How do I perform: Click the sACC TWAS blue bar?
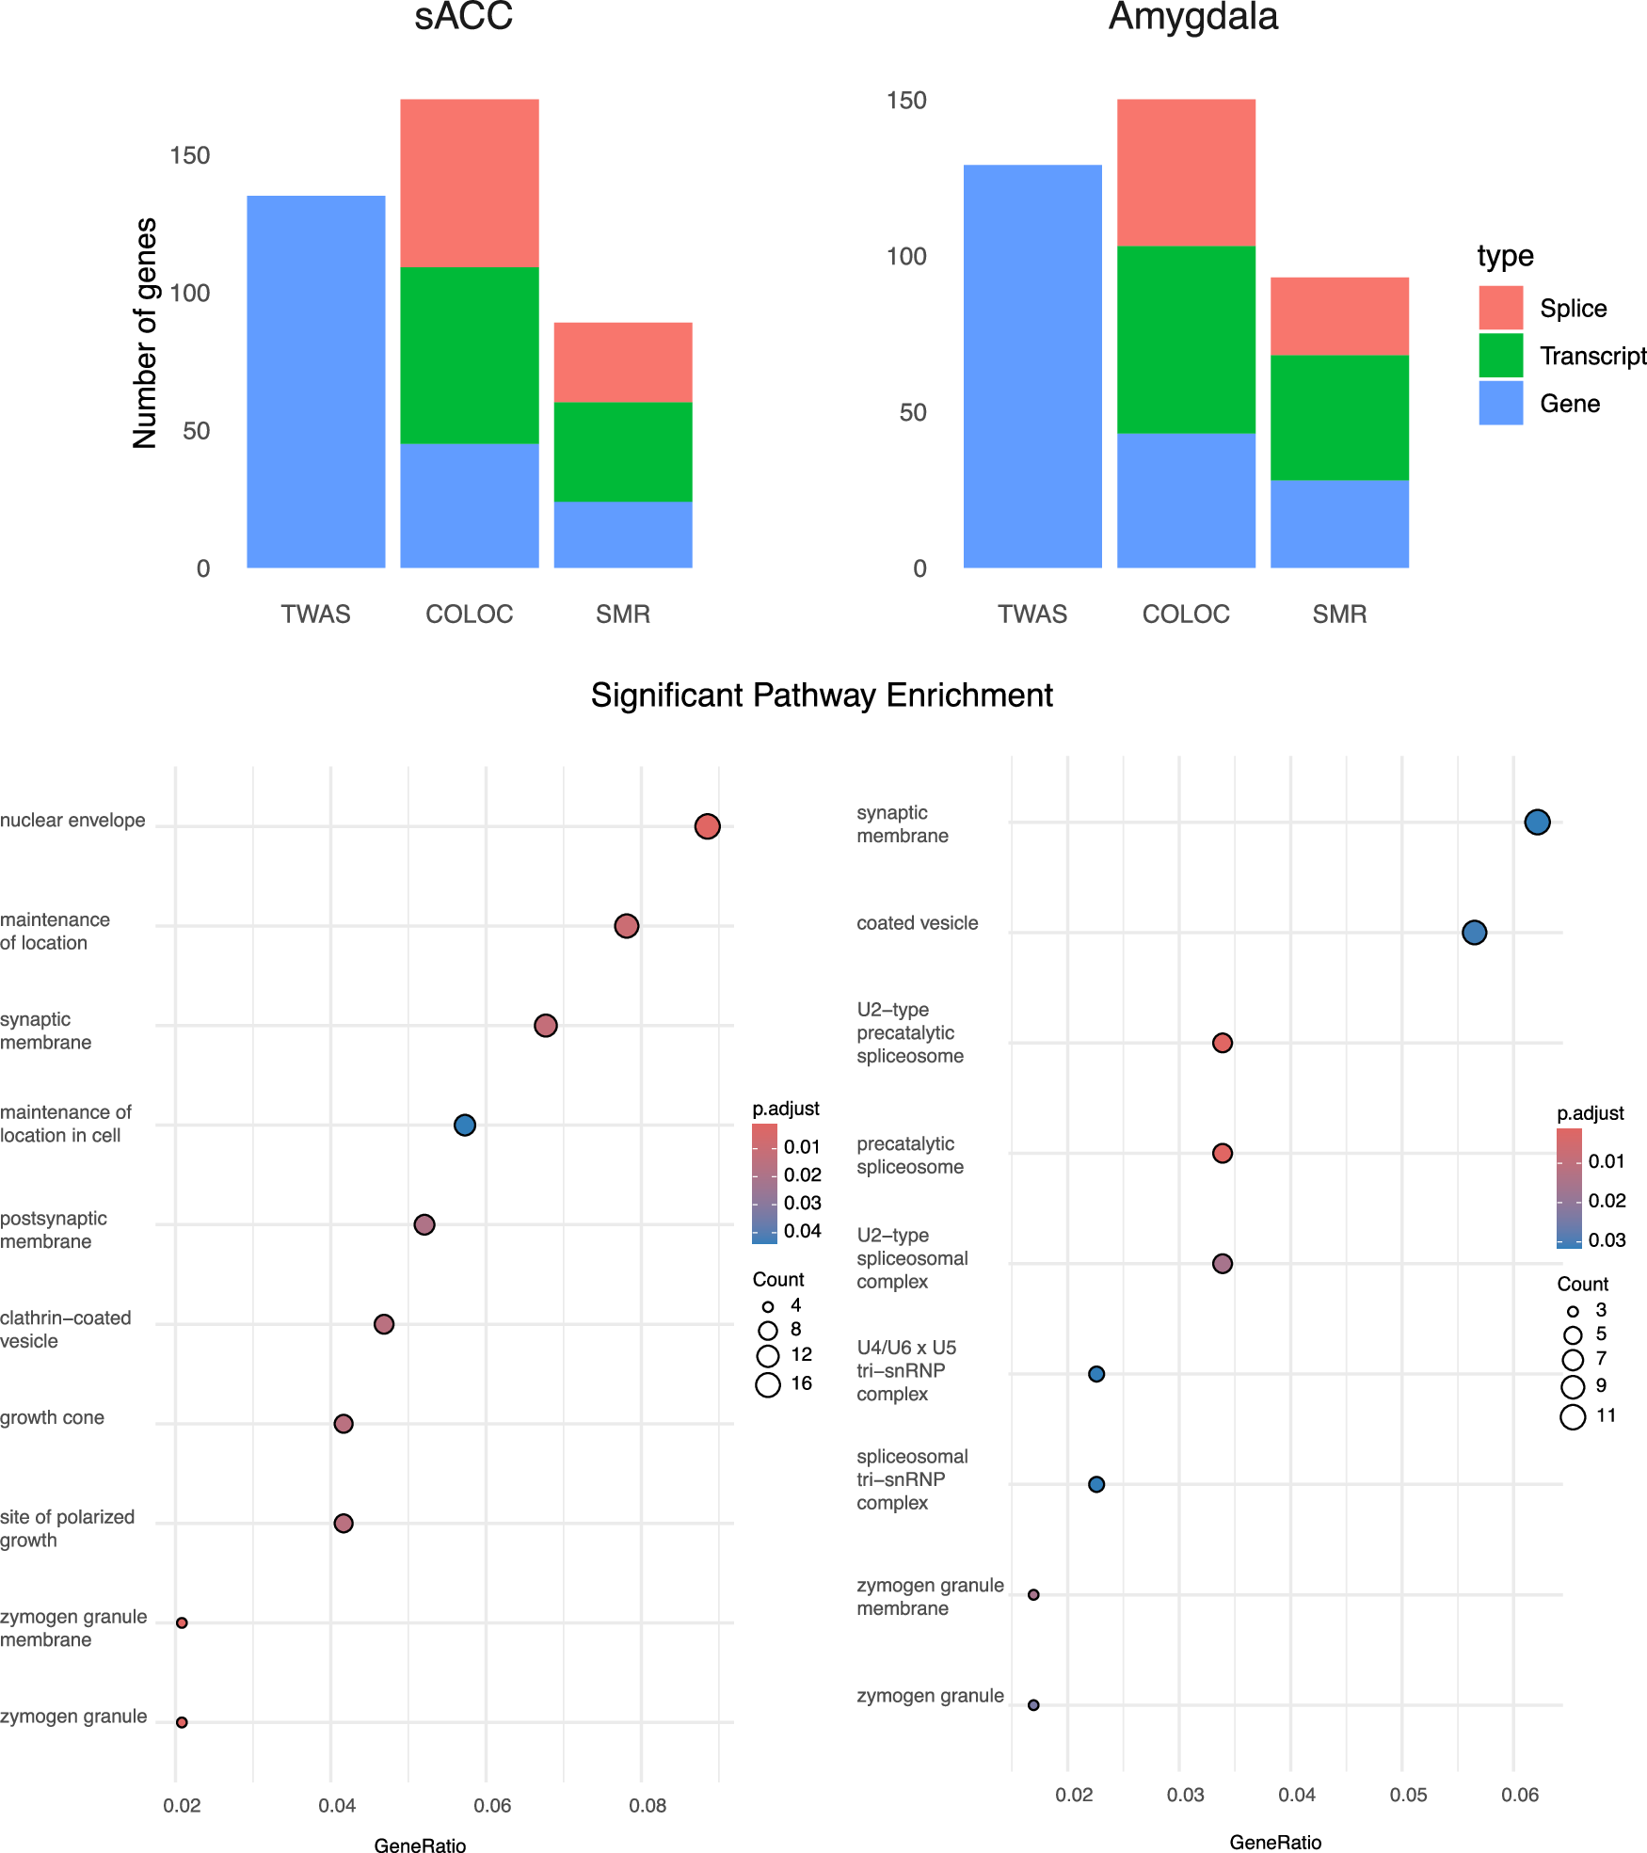pyautogui.click(x=316, y=381)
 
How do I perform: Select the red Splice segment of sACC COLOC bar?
pyautogui.click(x=469, y=183)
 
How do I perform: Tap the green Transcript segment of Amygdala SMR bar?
pyautogui.click(x=1339, y=417)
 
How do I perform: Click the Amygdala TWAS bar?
pyautogui.click(x=1032, y=366)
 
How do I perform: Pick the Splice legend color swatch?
pyautogui.click(x=1500, y=308)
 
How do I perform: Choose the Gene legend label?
pyautogui.click(x=1569, y=404)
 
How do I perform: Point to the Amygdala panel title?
pyautogui.click(x=1192, y=17)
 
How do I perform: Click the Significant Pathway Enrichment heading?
pyautogui.click(x=821, y=695)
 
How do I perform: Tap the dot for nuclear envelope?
pyautogui.click(x=707, y=826)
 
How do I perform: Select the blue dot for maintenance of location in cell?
pyautogui.click(x=464, y=1125)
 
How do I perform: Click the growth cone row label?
pyautogui.click(x=53, y=1417)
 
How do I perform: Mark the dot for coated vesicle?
pyautogui.click(x=1474, y=933)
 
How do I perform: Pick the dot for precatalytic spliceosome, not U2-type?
pyautogui.click(x=1222, y=1153)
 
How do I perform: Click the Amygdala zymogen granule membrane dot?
pyautogui.click(x=1033, y=1594)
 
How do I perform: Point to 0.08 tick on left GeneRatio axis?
pyautogui.click(x=648, y=1805)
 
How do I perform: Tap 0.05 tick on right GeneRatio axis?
pyautogui.click(x=1408, y=1795)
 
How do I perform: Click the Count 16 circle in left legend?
pyautogui.click(x=768, y=1384)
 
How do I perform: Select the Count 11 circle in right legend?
pyautogui.click(x=1573, y=1416)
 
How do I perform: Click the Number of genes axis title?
pyautogui.click(x=145, y=333)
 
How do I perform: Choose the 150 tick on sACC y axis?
pyautogui.click(x=189, y=155)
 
